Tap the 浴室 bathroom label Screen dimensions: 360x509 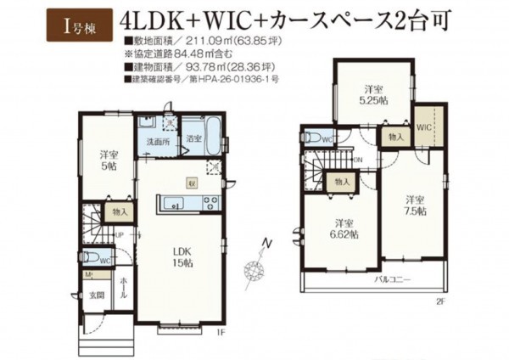[x=194, y=137]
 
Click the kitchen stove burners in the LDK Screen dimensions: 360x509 [x=210, y=201]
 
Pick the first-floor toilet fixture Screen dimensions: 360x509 [x=94, y=259]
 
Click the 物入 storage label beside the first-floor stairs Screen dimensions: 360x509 [x=118, y=211]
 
